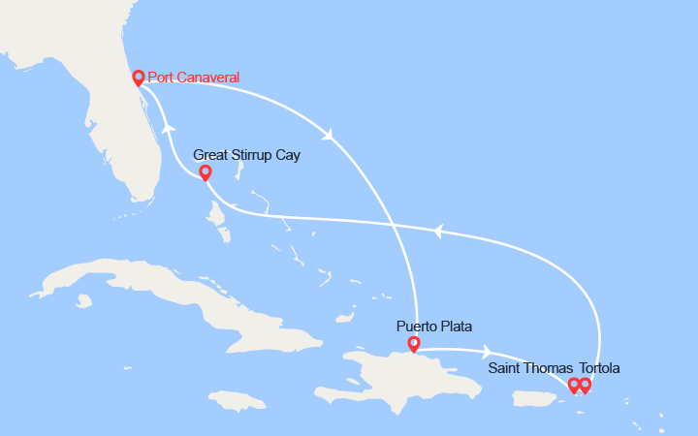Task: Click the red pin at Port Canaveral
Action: (138, 78)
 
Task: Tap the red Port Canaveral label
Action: (194, 78)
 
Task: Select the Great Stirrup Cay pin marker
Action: (205, 172)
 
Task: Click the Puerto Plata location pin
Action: (414, 344)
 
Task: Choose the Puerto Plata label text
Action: (434, 327)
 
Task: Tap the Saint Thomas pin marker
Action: (573, 385)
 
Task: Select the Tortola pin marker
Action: (585, 385)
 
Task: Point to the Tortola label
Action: (599, 368)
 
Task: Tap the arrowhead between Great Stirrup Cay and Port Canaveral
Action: (170, 128)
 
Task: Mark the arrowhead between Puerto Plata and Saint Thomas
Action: (486, 353)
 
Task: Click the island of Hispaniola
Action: (407, 378)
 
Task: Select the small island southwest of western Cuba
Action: (84, 301)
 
